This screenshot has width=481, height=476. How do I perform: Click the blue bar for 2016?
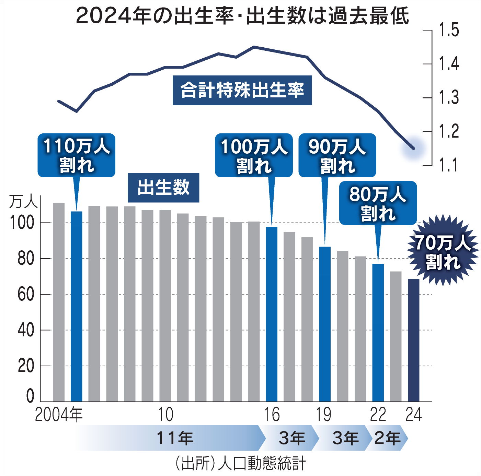[x=272, y=314]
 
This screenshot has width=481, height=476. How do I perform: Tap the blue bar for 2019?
[x=325, y=324]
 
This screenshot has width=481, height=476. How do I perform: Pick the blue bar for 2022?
[x=378, y=333]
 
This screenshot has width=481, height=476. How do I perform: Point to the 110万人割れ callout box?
[x=76, y=155]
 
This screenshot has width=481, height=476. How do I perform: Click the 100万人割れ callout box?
[x=254, y=155]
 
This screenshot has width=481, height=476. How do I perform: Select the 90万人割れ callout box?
[x=337, y=155]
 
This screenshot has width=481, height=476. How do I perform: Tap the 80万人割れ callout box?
[x=378, y=203]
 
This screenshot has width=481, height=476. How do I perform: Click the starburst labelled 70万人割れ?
[x=443, y=250]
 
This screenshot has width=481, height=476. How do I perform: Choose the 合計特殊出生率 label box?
[x=242, y=90]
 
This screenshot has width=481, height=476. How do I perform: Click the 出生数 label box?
[x=163, y=188]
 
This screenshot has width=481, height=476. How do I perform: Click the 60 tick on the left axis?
[x=26, y=294]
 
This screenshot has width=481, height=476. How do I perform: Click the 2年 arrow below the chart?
[x=387, y=438]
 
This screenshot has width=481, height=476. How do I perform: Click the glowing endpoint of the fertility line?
[x=414, y=148]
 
